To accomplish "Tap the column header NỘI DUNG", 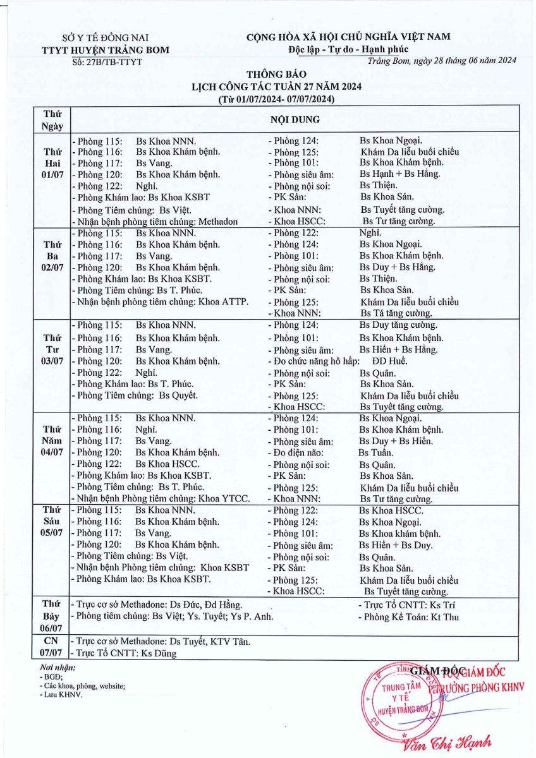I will (295, 119).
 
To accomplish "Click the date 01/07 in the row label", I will (52, 175).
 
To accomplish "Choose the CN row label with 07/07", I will (52, 647).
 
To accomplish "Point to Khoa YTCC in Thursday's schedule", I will (224, 498).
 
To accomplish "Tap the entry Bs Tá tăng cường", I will (396, 313).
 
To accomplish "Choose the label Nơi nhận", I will (58, 667).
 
